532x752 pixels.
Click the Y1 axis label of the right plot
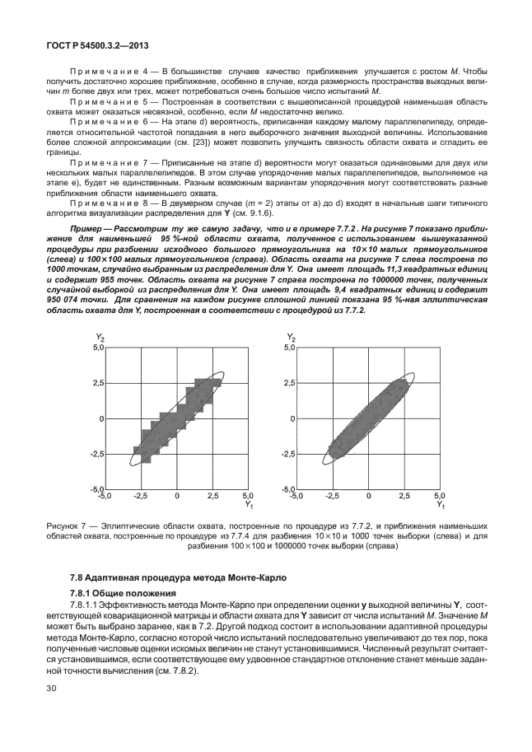441,505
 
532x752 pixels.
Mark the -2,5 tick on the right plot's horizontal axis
332,497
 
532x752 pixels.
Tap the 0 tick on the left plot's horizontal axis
176,497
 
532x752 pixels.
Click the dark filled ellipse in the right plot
368,418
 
